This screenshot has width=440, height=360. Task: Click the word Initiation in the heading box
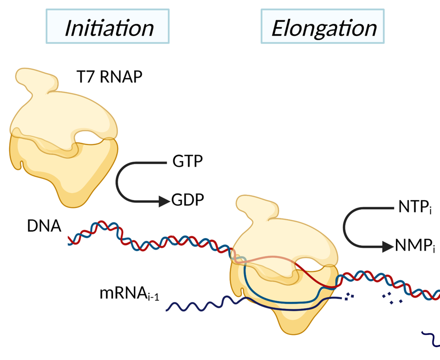(109, 28)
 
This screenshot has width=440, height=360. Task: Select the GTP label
(188, 163)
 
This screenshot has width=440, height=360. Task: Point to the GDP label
(188, 201)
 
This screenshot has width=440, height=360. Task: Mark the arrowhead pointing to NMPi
(387, 246)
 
